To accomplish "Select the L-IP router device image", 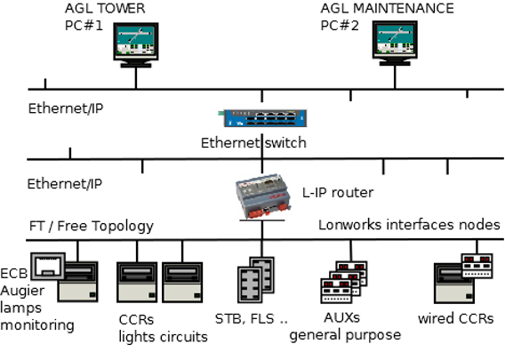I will pyautogui.click(x=261, y=197).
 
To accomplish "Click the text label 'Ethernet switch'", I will pyautogui.click(x=253, y=142).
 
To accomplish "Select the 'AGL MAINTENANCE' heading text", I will pyautogui.click(x=387, y=8).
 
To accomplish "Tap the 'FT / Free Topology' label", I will pyautogui.click(x=90, y=226).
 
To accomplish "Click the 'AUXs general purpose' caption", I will pyautogui.click(x=345, y=326).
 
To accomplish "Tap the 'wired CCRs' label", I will pyautogui.click(x=455, y=318).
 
